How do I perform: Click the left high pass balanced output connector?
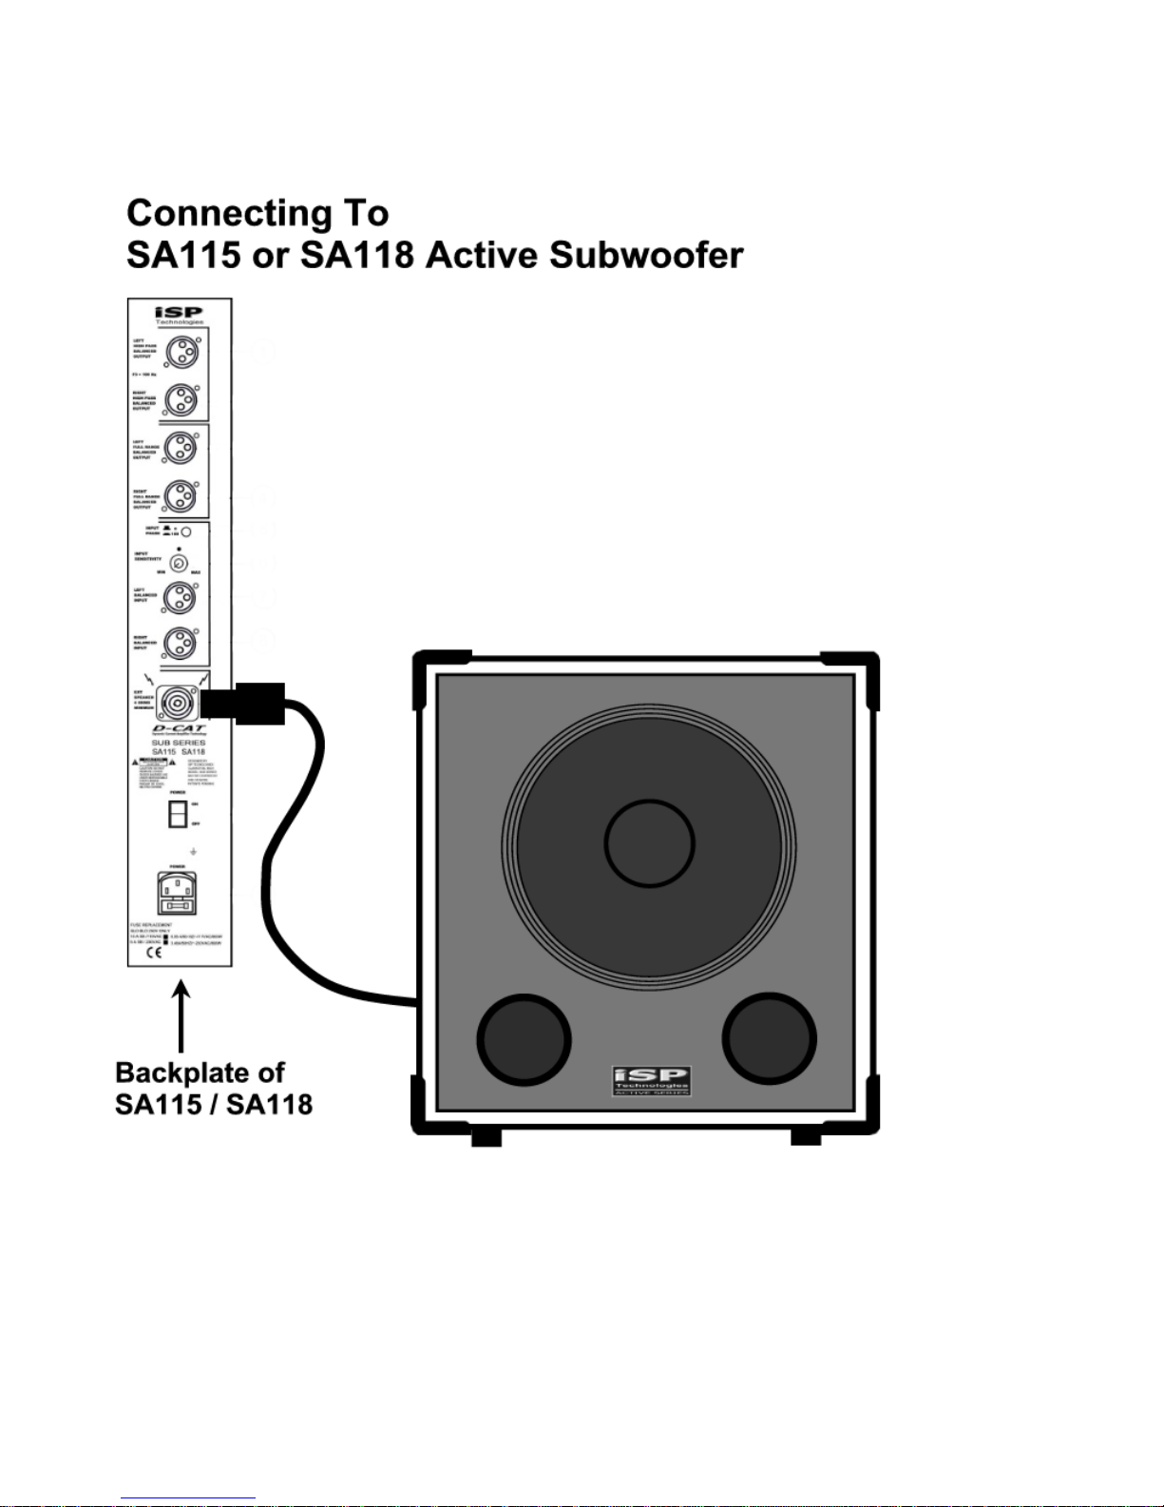point(181,353)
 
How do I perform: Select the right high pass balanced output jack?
point(181,400)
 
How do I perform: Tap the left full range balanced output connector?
point(181,447)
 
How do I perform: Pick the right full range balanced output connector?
point(181,495)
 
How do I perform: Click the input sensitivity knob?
point(179,562)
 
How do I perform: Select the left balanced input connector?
point(180,597)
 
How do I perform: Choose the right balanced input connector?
point(180,644)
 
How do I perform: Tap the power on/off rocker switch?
point(178,814)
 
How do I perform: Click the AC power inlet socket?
point(178,894)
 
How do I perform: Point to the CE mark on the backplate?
point(153,953)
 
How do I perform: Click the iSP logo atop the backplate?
point(180,313)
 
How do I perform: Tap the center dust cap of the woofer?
point(650,842)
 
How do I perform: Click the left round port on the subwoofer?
point(524,1039)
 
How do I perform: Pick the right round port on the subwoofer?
point(770,1039)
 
